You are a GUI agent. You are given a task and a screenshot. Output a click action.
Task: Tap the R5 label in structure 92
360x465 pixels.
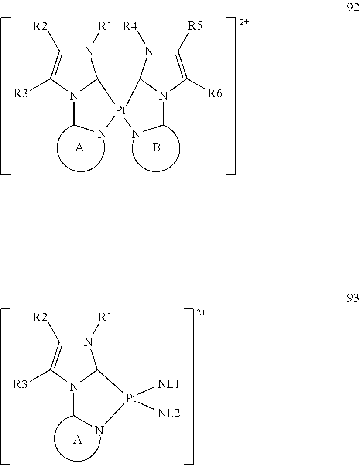pos(195,26)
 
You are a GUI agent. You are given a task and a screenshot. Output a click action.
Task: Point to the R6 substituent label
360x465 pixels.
pos(215,93)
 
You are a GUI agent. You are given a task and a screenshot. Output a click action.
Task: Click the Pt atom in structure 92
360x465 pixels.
pos(120,110)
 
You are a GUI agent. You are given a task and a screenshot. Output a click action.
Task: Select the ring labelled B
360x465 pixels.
pos(156,148)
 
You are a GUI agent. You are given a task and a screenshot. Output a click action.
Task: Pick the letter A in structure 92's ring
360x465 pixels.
pos(79,148)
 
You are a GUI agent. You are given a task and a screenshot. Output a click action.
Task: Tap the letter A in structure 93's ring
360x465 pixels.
pos(77,441)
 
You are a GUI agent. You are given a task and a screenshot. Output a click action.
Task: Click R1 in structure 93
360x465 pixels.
pos(104,317)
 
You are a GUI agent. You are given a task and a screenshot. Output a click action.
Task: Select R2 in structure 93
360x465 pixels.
pos(40,317)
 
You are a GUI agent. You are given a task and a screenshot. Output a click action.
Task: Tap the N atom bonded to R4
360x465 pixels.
pos(149,51)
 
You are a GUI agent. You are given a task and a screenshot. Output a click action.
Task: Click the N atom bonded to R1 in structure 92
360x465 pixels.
pos(89,51)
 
